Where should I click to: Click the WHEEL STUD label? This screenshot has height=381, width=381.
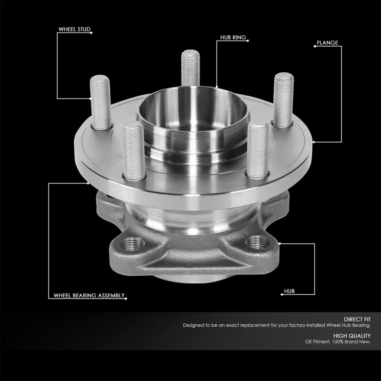coord(74,29)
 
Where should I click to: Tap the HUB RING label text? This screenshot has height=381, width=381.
coord(233,38)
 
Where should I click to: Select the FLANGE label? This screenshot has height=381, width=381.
coord(327,43)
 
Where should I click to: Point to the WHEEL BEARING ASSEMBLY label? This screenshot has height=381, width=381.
coord(89,295)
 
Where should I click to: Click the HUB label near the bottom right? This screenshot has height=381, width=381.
coord(289,291)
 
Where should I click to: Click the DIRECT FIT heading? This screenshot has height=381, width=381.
coord(357,319)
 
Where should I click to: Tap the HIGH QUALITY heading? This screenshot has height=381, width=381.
coord(352,336)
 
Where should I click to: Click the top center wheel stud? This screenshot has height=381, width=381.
coord(190,68)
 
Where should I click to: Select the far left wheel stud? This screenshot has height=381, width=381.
coord(101,102)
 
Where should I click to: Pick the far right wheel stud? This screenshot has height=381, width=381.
coord(283,100)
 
